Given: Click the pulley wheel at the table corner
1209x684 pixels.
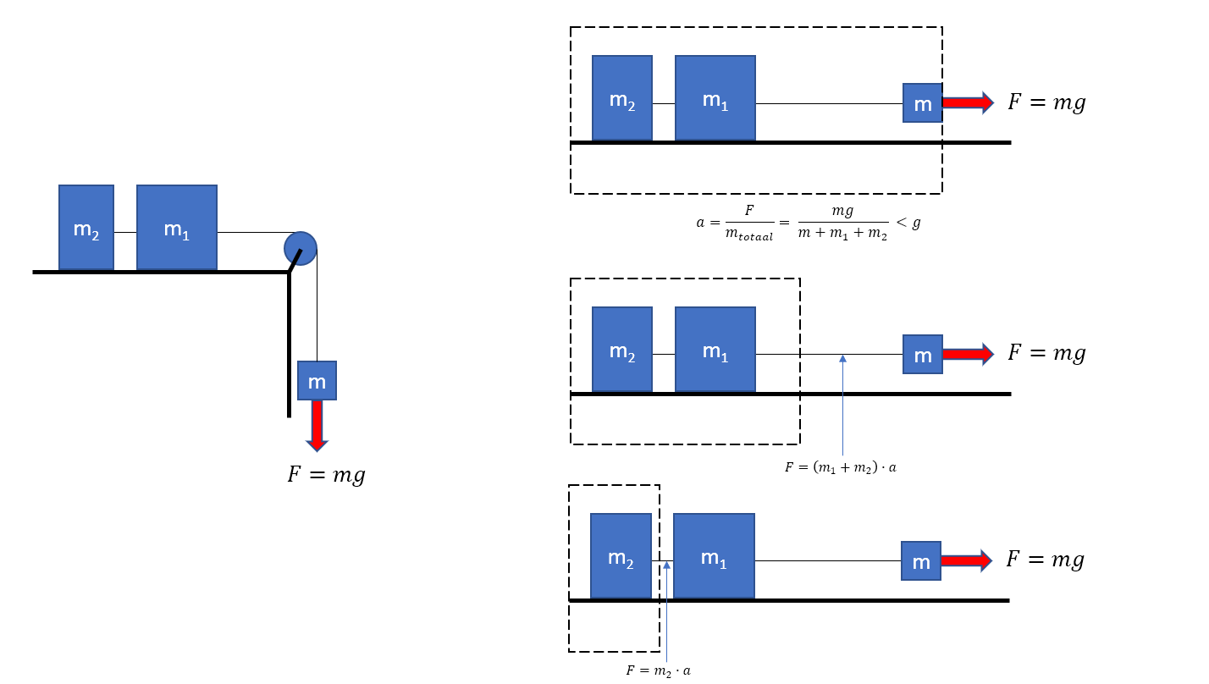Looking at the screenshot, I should [301, 248].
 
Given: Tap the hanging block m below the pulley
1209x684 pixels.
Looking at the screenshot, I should [317, 381].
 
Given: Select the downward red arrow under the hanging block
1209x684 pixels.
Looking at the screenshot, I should [317, 425].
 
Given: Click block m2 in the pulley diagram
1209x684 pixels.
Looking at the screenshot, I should [86, 228].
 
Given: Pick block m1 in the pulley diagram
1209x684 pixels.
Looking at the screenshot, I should [177, 228].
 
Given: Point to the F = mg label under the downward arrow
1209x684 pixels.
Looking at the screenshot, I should [326, 475].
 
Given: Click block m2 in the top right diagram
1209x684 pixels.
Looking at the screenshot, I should [622, 98].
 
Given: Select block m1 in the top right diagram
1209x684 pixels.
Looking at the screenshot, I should [715, 98].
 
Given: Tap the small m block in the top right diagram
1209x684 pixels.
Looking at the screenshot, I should [923, 103].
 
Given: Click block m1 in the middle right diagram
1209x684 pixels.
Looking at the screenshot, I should [715, 350].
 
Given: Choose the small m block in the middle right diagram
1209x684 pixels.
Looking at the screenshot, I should [923, 355].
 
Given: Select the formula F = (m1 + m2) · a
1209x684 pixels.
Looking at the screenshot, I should [840, 466].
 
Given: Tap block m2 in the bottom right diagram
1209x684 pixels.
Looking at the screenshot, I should [621, 556].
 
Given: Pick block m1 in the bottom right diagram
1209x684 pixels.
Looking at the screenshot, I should [714, 556].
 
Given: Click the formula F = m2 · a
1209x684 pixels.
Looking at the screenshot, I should [659, 670].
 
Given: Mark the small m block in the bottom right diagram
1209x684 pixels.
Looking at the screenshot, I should [921, 561].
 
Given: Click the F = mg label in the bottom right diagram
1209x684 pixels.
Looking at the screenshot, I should [1045, 560].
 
